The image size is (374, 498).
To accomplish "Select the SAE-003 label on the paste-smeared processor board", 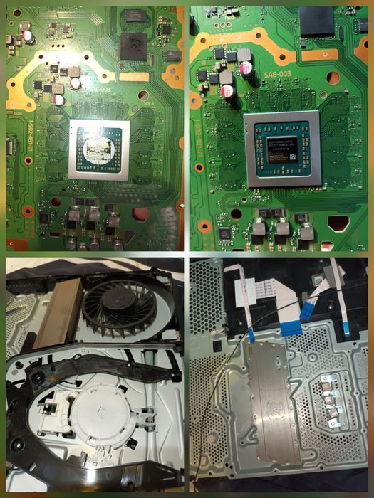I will [100, 89].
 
